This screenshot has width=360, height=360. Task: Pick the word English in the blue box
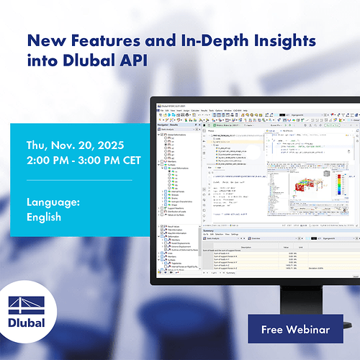click(x=44, y=216)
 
